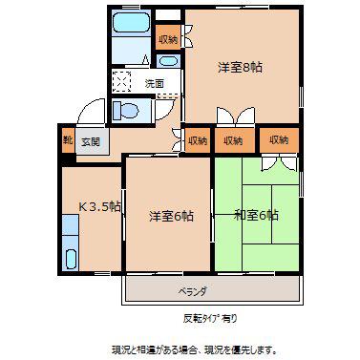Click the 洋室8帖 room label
[240, 68]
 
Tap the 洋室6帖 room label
[171, 216]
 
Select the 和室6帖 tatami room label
[256, 215]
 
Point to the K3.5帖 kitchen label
[99, 207]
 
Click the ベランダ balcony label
[193, 291]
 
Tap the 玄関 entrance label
[91, 141]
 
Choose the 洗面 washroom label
[155, 83]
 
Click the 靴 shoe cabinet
[68, 140]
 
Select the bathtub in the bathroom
[132, 22]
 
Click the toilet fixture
[126, 111]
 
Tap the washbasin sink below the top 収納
[168, 61]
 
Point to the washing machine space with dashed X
[121, 81]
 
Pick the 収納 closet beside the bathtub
[168, 38]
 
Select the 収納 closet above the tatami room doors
[279, 139]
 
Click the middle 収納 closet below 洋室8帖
[234, 140]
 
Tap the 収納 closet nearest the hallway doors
[198, 140]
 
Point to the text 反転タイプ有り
[210, 318]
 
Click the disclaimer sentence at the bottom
[194, 350]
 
